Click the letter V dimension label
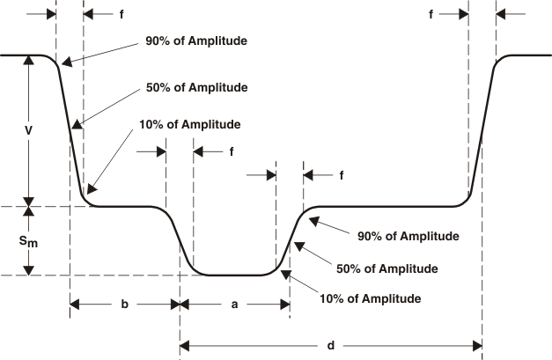pos(29,130)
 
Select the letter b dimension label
pos(124,304)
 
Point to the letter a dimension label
pos(235,304)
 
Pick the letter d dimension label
pos(330,345)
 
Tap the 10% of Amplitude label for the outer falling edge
pos(190,124)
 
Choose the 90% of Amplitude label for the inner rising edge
pos(408,236)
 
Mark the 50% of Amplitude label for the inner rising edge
pos(387,268)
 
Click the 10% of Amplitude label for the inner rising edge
pos(371,298)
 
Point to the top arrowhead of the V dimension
pos(30,61)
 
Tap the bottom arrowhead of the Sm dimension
pos(30,270)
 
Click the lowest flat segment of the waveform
pos(235,276)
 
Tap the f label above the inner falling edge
pos(231,151)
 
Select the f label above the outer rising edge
pos(431,14)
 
